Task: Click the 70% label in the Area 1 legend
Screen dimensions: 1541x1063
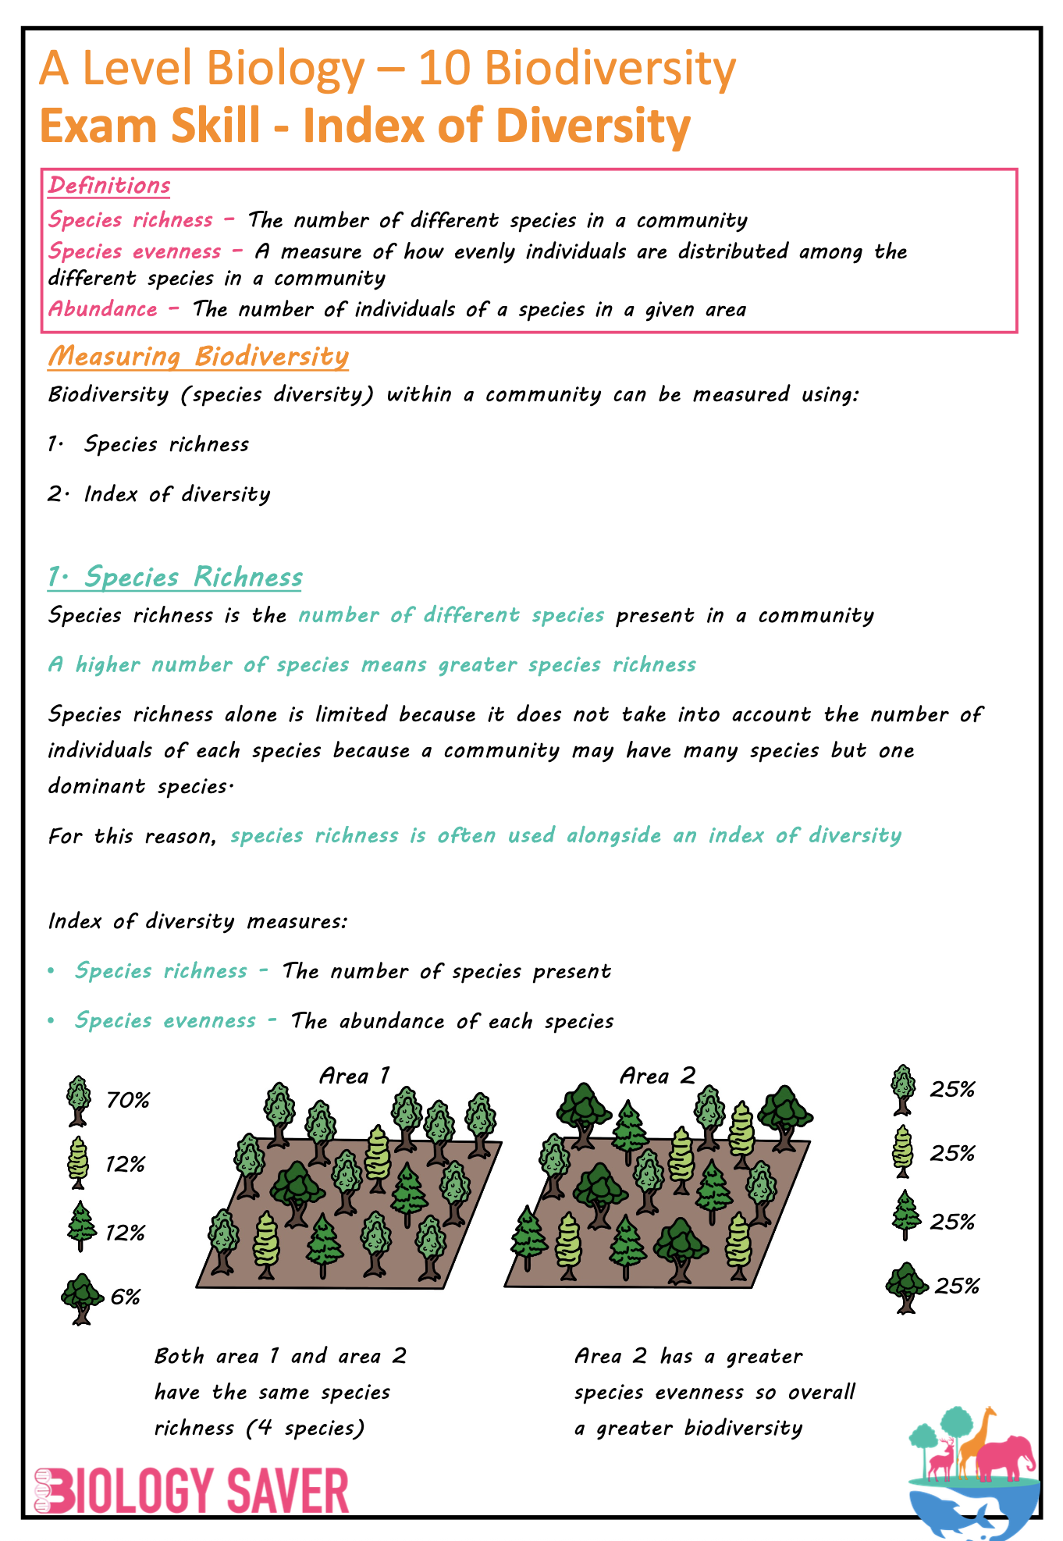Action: (128, 1100)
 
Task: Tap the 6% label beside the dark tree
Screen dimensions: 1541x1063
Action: (126, 1297)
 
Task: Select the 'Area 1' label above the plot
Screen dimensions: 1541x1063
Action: (354, 1076)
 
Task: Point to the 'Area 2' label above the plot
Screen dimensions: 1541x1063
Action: (656, 1076)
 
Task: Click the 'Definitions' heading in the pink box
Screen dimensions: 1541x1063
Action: (109, 186)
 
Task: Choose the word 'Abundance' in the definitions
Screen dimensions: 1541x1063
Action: (103, 309)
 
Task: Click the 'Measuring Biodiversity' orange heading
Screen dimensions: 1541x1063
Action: (198, 356)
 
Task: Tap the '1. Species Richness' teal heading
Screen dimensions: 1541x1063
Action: (175, 577)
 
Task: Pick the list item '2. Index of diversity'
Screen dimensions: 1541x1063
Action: (159, 494)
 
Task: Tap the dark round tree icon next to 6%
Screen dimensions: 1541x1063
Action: (82, 1298)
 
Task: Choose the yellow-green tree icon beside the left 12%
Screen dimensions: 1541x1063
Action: (79, 1163)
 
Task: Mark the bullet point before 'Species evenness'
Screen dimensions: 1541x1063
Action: (52, 1020)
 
